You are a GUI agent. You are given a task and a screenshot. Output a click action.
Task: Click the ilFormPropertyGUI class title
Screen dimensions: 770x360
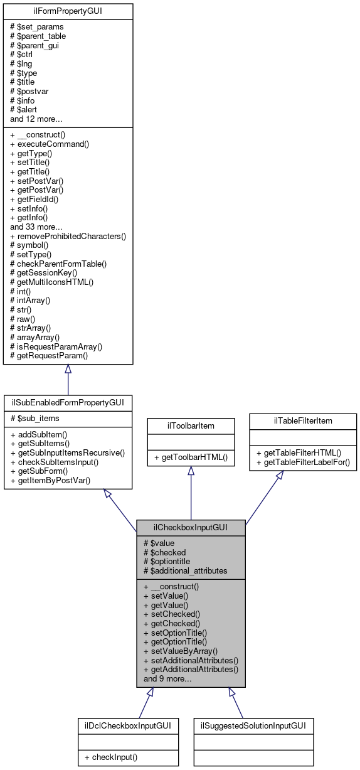(x=68, y=12)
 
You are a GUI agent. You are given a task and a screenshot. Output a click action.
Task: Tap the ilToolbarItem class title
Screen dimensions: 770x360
(x=191, y=425)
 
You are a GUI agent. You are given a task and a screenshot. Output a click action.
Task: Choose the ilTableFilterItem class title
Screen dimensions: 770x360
(x=303, y=420)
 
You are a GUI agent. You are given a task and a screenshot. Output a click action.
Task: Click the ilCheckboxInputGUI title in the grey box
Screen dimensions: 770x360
(x=191, y=528)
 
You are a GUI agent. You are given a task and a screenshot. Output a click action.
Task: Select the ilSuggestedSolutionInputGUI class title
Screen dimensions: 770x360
(x=253, y=725)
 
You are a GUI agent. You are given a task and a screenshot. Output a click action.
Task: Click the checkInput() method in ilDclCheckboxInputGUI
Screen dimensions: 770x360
(x=112, y=757)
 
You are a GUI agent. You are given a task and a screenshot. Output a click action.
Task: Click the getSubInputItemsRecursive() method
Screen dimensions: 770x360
(x=68, y=452)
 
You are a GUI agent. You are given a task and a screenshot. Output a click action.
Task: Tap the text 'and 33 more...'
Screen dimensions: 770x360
(x=37, y=227)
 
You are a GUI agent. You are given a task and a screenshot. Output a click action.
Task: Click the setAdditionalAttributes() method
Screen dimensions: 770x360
(x=191, y=660)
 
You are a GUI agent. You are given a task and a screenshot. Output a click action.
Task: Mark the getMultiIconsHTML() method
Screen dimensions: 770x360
(x=52, y=282)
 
